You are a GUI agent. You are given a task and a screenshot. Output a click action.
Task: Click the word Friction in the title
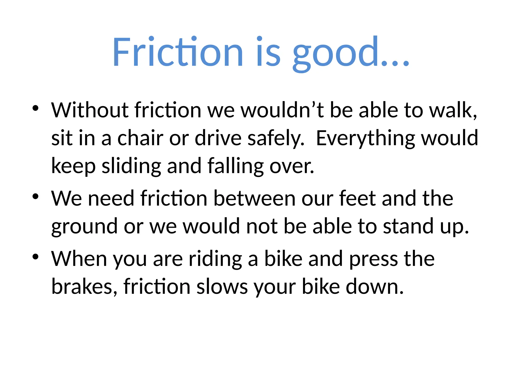(178, 52)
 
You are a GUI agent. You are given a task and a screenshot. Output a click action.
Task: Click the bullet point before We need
(35, 196)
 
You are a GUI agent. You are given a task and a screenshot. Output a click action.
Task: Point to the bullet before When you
(35, 257)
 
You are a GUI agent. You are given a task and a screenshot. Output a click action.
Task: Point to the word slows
(222, 287)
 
